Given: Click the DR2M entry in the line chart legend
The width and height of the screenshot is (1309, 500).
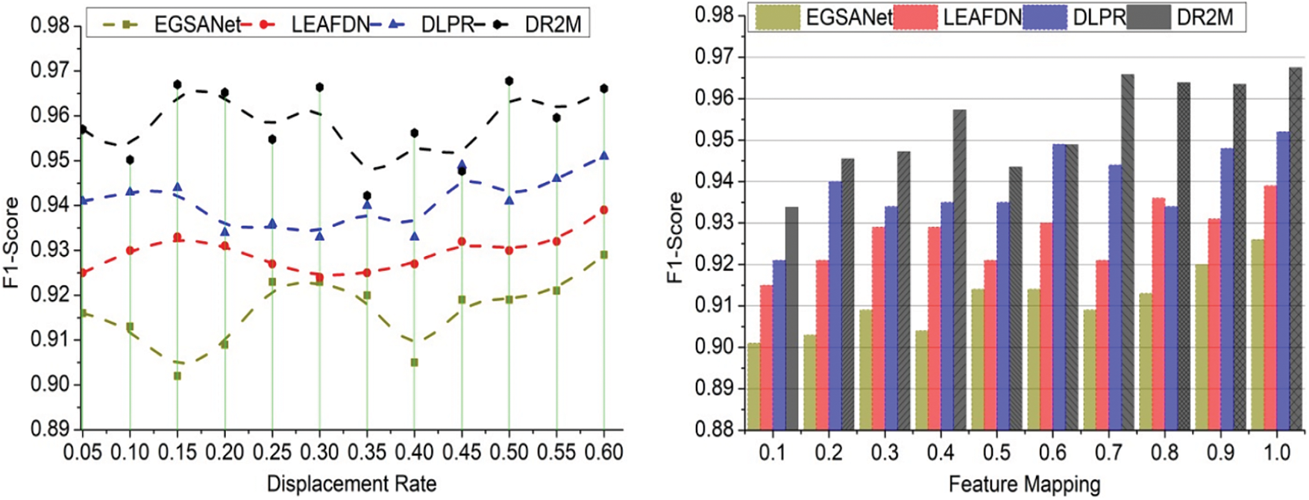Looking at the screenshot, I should point(553,25).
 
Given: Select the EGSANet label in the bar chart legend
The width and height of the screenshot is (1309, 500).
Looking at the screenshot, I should point(849,17).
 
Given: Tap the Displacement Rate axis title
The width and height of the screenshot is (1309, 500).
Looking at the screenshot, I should point(351,483).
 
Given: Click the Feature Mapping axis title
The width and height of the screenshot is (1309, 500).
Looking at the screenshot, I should point(1024,484).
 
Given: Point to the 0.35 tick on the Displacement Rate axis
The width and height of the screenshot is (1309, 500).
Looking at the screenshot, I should point(367,452).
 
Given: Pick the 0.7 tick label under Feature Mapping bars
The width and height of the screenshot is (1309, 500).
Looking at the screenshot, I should point(1108,452).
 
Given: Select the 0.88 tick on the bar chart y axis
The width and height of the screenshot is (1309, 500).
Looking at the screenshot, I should point(715,430).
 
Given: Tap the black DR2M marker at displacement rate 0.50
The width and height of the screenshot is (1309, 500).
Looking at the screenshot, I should point(509,81).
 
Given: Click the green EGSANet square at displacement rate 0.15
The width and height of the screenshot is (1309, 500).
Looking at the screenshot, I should point(178,376).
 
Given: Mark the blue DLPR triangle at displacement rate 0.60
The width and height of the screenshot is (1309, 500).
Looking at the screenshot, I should point(604,155).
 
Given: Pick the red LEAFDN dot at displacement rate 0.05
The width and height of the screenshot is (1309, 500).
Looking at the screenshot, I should point(83,272).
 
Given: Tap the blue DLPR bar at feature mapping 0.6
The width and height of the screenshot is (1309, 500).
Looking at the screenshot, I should point(1058,287).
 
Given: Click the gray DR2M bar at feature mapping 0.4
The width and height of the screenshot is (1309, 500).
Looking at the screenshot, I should point(960,269).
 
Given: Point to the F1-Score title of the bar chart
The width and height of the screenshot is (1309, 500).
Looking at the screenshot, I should point(675,237).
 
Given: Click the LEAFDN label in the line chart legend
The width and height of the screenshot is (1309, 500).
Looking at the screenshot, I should point(330,25).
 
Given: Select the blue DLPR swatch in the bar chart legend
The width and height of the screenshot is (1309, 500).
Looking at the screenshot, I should point(1045,17).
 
